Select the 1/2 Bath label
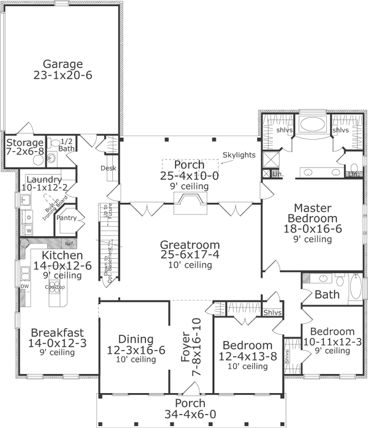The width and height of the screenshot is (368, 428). click(66, 145)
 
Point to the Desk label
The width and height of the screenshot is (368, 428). click(109, 167)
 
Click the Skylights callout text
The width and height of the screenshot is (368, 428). click(239, 155)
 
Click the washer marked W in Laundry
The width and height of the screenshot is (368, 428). click(28, 230)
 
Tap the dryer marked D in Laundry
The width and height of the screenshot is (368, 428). click(28, 217)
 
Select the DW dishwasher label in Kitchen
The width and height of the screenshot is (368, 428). click(25, 286)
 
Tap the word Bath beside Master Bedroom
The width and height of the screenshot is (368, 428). click(327, 294)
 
